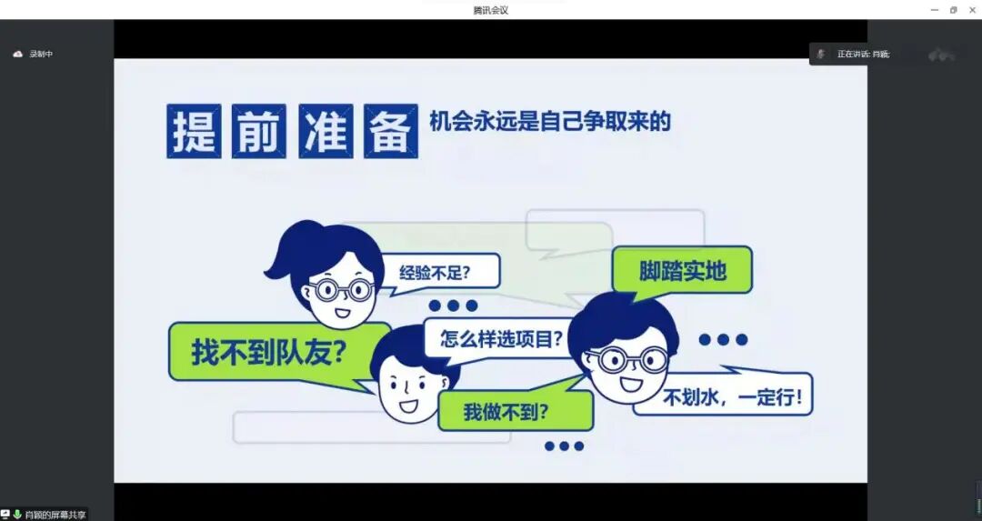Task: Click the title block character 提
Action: coord(194,131)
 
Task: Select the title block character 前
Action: coord(259,131)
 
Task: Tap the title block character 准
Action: coord(326,131)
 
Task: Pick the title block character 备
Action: coord(391,131)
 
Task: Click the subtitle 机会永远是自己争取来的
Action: coord(550,121)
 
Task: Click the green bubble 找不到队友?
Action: coord(268,351)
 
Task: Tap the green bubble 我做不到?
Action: coord(506,411)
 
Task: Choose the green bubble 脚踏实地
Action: coord(682,270)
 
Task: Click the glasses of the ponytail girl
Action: coord(340,290)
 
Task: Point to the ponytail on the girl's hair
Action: coord(277,265)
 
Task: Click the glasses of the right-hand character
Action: coord(627,359)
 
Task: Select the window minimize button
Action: coord(935,10)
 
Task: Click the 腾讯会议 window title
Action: coord(490,10)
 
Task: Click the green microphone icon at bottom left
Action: coord(17,515)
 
